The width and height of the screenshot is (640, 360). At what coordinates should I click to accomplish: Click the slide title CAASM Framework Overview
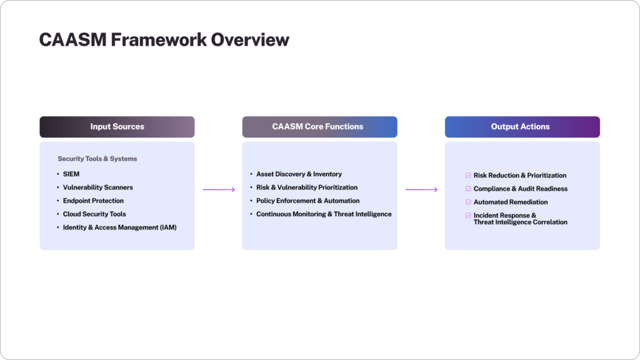[164, 39]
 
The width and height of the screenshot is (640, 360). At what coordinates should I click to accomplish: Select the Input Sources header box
[117, 127]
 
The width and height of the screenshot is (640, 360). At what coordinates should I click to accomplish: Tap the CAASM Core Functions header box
[319, 127]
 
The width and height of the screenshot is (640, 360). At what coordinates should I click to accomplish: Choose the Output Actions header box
[522, 127]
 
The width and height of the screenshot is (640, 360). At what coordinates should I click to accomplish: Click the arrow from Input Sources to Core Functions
[218, 189]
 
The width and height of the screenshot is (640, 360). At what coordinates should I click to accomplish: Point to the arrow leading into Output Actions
[421, 189]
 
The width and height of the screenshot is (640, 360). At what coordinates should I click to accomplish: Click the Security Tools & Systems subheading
[97, 159]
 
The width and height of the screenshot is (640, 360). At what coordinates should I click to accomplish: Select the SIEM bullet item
[71, 174]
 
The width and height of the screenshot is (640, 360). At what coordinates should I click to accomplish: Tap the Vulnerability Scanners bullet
[97, 187]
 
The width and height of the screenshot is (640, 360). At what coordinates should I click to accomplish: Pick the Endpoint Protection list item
[93, 201]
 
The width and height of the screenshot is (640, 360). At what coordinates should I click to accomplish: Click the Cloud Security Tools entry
[94, 214]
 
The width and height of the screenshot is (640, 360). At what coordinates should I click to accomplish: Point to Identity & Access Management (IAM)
[119, 227]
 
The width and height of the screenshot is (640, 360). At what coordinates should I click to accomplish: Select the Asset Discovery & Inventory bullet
[299, 174]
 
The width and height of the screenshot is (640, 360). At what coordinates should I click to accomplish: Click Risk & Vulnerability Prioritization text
[307, 187]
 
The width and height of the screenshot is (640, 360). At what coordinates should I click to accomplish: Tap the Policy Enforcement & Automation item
[307, 201]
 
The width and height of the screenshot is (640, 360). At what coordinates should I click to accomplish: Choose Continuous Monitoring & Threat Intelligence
[324, 214]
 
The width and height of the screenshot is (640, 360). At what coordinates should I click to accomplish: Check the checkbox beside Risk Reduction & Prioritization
[468, 176]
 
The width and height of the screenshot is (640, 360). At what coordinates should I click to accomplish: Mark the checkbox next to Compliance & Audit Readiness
[468, 189]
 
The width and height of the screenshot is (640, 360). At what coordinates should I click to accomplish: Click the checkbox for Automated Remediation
[468, 202]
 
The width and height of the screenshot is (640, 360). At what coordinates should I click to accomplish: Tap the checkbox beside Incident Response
[468, 216]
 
